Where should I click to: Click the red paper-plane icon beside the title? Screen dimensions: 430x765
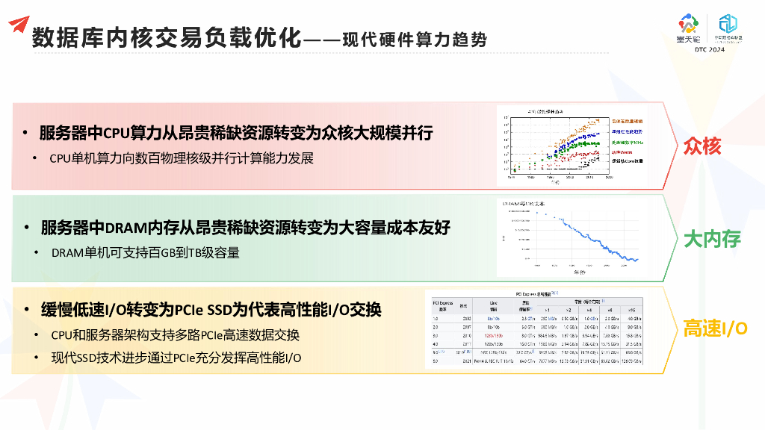pos(19,24)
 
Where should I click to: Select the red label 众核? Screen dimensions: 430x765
pos(702,146)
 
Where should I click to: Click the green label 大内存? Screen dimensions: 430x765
pos(712,239)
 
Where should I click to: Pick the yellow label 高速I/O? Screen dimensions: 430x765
pos(715,328)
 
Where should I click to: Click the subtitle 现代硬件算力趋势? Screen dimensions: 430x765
pos(415,39)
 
